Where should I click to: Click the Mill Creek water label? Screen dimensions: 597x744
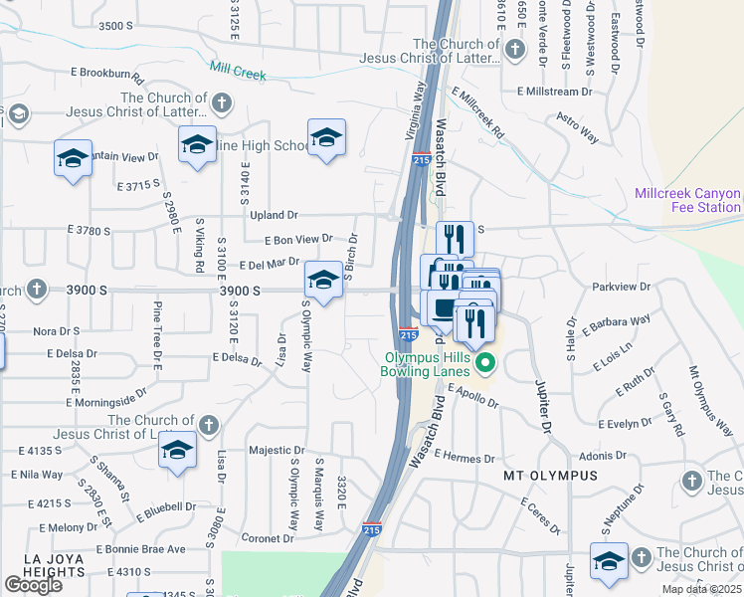pos(238,72)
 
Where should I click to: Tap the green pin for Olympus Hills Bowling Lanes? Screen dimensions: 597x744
pos(484,362)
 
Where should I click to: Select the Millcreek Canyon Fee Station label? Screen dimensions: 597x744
pos(689,200)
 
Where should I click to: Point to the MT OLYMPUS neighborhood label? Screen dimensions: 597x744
pos(550,476)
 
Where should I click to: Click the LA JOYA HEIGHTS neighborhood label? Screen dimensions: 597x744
pos(40,565)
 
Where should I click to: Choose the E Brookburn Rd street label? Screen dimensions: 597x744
pos(108,74)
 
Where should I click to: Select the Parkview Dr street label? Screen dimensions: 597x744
pos(620,287)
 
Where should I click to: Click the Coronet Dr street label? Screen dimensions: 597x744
pos(264,538)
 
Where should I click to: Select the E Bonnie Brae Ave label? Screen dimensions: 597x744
pos(141,549)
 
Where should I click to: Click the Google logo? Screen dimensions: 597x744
pos(33,585)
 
